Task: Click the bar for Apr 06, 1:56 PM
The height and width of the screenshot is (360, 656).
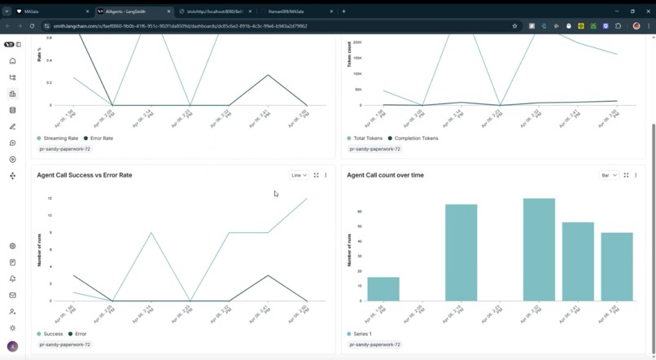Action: pyautogui.click(x=383, y=289)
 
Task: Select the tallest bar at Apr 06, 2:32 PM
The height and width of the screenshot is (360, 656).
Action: pyautogui.click(x=539, y=250)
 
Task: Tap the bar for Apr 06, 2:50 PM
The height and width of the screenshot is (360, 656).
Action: pyautogui.click(x=617, y=267)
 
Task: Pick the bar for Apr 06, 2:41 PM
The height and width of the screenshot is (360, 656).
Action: pyautogui.click(x=578, y=261)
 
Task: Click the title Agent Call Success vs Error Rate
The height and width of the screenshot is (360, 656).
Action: pyautogui.click(x=85, y=175)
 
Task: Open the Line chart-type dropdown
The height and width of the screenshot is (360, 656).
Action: pyautogui.click(x=299, y=175)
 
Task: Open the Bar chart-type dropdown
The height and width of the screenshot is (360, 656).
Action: pyautogui.click(x=609, y=175)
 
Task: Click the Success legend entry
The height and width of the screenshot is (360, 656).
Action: pyautogui.click(x=52, y=334)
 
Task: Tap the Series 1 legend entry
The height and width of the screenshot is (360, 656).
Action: pyautogui.click(x=362, y=334)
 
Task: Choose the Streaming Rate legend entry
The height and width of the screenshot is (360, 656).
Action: pyautogui.click(x=61, y=138)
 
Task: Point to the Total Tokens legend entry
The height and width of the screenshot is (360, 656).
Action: pyautogui.click(x=367, y=138)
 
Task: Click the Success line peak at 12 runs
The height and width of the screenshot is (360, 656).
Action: pyautogui.click(x=307, y=199)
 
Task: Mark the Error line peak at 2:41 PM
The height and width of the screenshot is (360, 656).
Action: pyautogui.click(x=268, y=275)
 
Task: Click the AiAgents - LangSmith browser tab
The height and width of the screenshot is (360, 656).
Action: pyautogui.click(x=133, y=11)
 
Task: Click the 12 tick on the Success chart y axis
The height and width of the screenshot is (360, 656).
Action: pyautogui.click(x=50, y=199)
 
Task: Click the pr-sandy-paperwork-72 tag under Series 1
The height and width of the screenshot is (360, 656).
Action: pyautogui.click(x=374, y=345)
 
